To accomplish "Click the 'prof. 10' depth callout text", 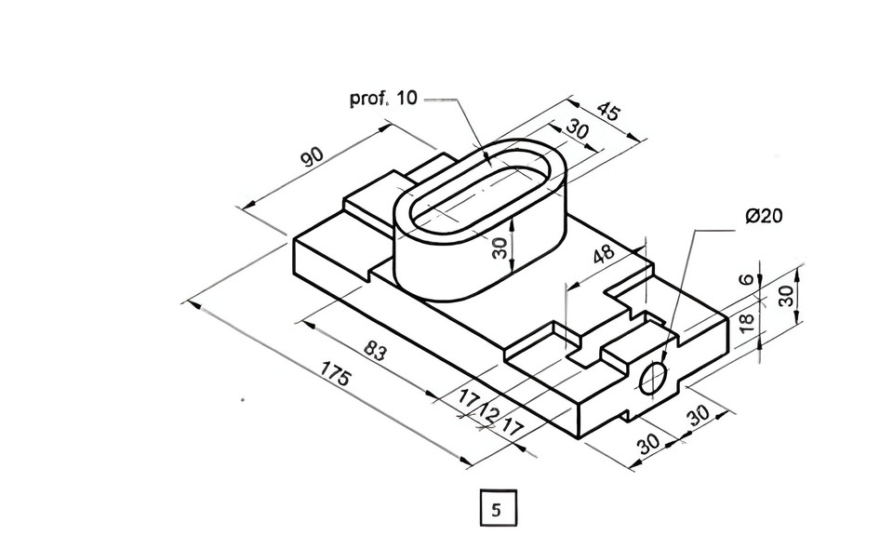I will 383,98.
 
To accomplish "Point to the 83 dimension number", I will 375,351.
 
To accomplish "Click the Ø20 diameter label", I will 764,216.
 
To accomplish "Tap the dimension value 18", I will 745,323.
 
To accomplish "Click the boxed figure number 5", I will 497,509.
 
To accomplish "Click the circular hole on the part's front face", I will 654,377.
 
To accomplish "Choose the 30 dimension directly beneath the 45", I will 577,130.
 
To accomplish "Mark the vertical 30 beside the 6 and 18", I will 786,297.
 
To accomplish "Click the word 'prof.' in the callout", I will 368,98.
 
